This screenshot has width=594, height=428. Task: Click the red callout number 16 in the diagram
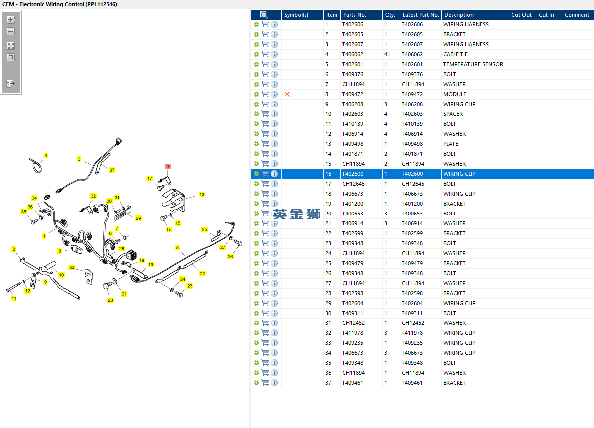point(168,166)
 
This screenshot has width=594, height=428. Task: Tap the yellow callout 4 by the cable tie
point(46,156)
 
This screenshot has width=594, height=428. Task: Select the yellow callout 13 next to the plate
point(202,194)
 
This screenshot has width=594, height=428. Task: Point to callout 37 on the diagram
point(112,170)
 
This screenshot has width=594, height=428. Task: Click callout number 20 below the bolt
point(110,300)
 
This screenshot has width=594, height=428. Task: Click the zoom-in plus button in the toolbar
point(11,20)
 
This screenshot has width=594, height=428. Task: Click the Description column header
point(459,15)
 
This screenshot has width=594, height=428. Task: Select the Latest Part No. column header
point(421,15)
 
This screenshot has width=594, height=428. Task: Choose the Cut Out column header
point(521,15)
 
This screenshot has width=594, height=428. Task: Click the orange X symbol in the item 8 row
point(287,94)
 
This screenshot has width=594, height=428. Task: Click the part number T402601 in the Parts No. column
point(353,64)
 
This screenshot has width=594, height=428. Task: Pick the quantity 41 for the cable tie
point(387,54)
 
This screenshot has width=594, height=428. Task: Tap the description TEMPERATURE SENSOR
point(473,64)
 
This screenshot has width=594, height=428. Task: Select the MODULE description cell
point(455,94)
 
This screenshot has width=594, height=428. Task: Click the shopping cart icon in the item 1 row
point(265,24)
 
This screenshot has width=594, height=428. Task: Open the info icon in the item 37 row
point(275,383)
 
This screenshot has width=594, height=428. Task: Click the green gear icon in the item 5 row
point(256,64)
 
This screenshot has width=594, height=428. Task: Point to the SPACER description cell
point(453,114)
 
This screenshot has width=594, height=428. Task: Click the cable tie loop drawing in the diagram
point(36,166)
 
